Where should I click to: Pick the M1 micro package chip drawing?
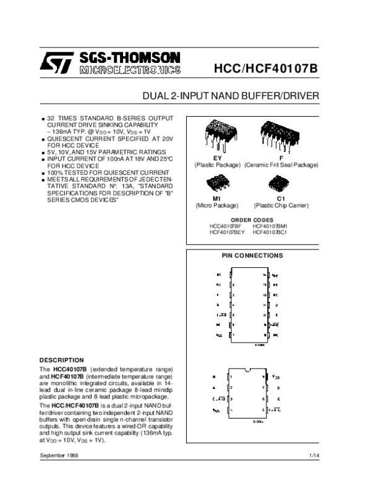click(x=216, y=183)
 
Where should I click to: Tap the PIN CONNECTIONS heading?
click(x=252, y=255)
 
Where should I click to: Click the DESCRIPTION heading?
click(x=61, y=359)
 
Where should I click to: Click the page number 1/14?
click(x=313, y=455)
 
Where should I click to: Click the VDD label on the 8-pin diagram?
click(x=276, y=376)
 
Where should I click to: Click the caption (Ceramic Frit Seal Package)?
click(x=281, y=165)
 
